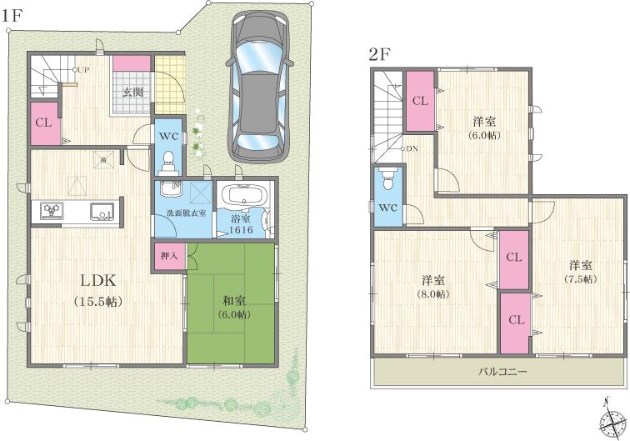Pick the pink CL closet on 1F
43,123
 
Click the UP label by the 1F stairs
82,70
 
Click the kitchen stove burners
48,210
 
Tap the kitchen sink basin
100,209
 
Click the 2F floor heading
381,57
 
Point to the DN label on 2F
412,149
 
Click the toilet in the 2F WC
387,183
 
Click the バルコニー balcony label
502,371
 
